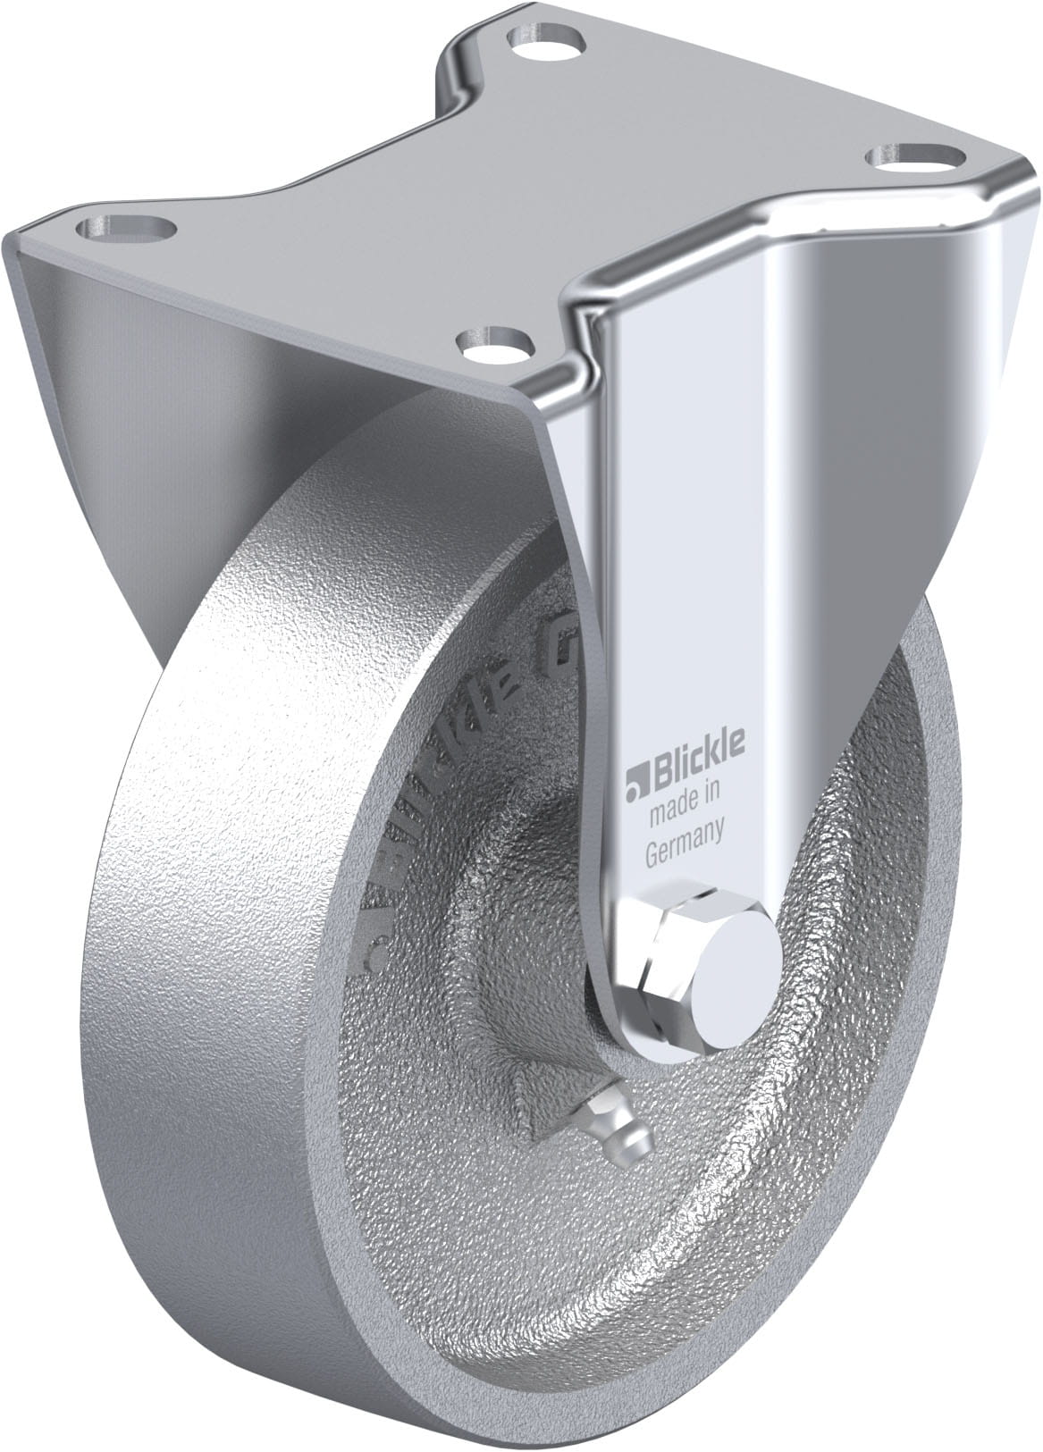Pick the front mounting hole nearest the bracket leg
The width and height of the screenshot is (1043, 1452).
(495, 341)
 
